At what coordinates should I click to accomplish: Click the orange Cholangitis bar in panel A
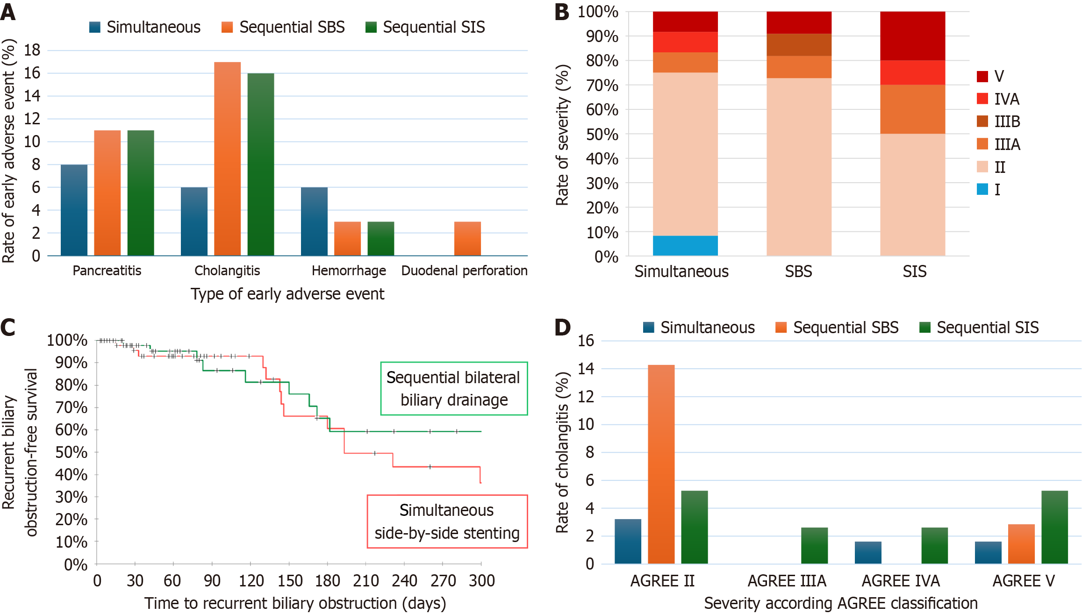click(227, 159)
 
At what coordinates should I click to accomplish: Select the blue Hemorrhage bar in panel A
click(314, 221)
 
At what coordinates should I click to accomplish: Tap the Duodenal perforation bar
click(467, 239)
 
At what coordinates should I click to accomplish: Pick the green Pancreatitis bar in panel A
click(141, 193)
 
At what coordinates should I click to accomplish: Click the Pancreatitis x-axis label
click(107, 271)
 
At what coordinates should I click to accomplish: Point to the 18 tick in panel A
click(32, 50)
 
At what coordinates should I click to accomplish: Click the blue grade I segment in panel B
click(685, 246)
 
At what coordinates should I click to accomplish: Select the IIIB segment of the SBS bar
click(799, 45)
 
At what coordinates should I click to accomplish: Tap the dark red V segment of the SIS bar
click(912, 36)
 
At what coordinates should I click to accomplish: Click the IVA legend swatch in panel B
click(982, 99)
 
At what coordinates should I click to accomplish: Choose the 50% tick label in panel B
click(602, 135)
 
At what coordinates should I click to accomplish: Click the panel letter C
click(8, 328)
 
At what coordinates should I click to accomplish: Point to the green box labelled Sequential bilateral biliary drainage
click(454, 388)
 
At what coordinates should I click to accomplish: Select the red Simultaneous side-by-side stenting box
click(447, 521)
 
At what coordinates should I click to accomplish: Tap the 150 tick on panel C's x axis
click(290, 581)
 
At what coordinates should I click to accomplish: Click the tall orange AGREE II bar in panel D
click(661, 464)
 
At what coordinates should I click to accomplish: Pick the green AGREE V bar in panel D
click(1054, 527)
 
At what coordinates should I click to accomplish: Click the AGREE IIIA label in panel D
click(787, 581)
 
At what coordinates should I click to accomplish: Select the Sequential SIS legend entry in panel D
click(979, 328)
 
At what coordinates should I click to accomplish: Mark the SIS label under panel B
click(914, 271)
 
